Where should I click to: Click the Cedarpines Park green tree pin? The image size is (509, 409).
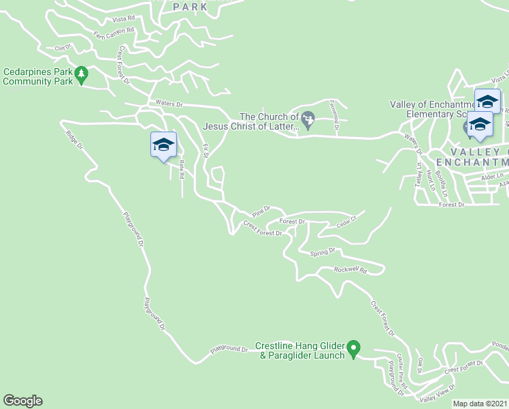[x=82, y=74]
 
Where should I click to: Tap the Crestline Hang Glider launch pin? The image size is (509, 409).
[x=353, y=349]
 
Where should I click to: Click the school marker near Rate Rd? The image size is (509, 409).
[x=163, y=145]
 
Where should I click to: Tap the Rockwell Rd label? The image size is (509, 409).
[x=350, y=270]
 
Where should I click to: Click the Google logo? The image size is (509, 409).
[x=22, y=401]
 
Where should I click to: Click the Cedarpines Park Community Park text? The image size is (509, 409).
[x=37, y=76]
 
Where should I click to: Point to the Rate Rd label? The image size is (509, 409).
[x=182, y=168]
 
